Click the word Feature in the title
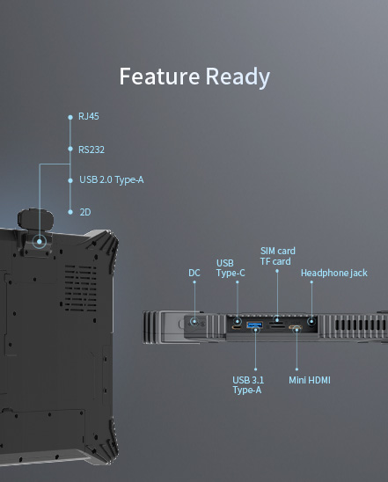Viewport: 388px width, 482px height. coord(159,77)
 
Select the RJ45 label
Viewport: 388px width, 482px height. coord(88,116)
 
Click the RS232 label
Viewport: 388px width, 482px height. coord(91,149)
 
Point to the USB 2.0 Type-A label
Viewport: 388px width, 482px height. coord(111,180)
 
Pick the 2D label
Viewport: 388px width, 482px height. coord(85,212)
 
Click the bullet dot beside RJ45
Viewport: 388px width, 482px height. coord(70,116)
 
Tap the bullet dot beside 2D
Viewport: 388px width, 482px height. coord(70,212)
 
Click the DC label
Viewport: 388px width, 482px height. coord(194,273)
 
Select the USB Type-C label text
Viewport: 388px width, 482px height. coord(231,267)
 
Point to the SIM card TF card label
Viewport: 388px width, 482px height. coord(276,256)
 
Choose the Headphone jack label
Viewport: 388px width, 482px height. coord(333,273)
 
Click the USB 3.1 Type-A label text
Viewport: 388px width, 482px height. coord(246,384)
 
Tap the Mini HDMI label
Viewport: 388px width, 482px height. coord(310,380)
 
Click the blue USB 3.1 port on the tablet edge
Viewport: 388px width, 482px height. coord(255,327)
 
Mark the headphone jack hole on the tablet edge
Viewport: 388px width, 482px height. coord(311,323)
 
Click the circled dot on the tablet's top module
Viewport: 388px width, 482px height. coord(40,240)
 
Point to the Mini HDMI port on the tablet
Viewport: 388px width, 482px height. coord(296,329)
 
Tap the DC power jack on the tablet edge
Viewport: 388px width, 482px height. coord(194,323)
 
